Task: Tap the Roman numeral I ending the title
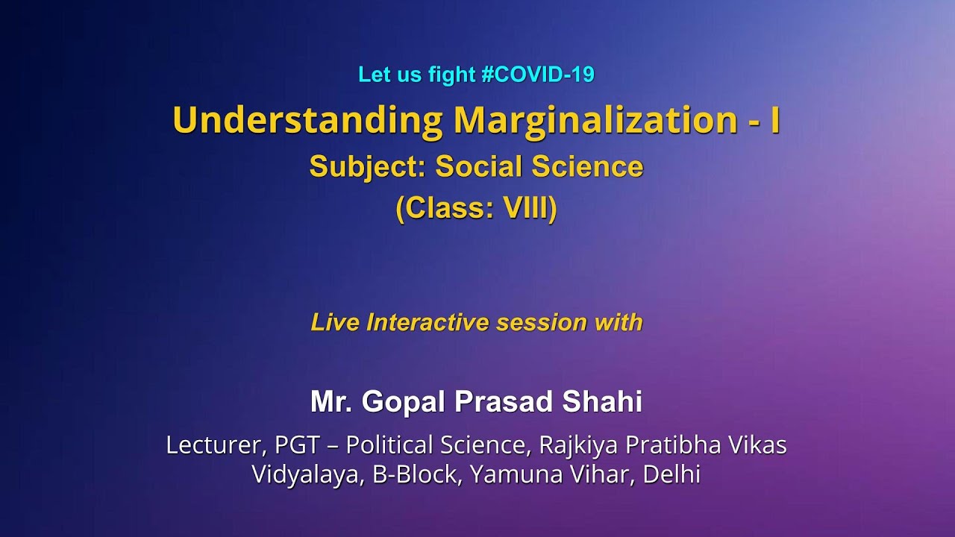click(775, 120)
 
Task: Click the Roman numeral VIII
click(525, 209)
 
